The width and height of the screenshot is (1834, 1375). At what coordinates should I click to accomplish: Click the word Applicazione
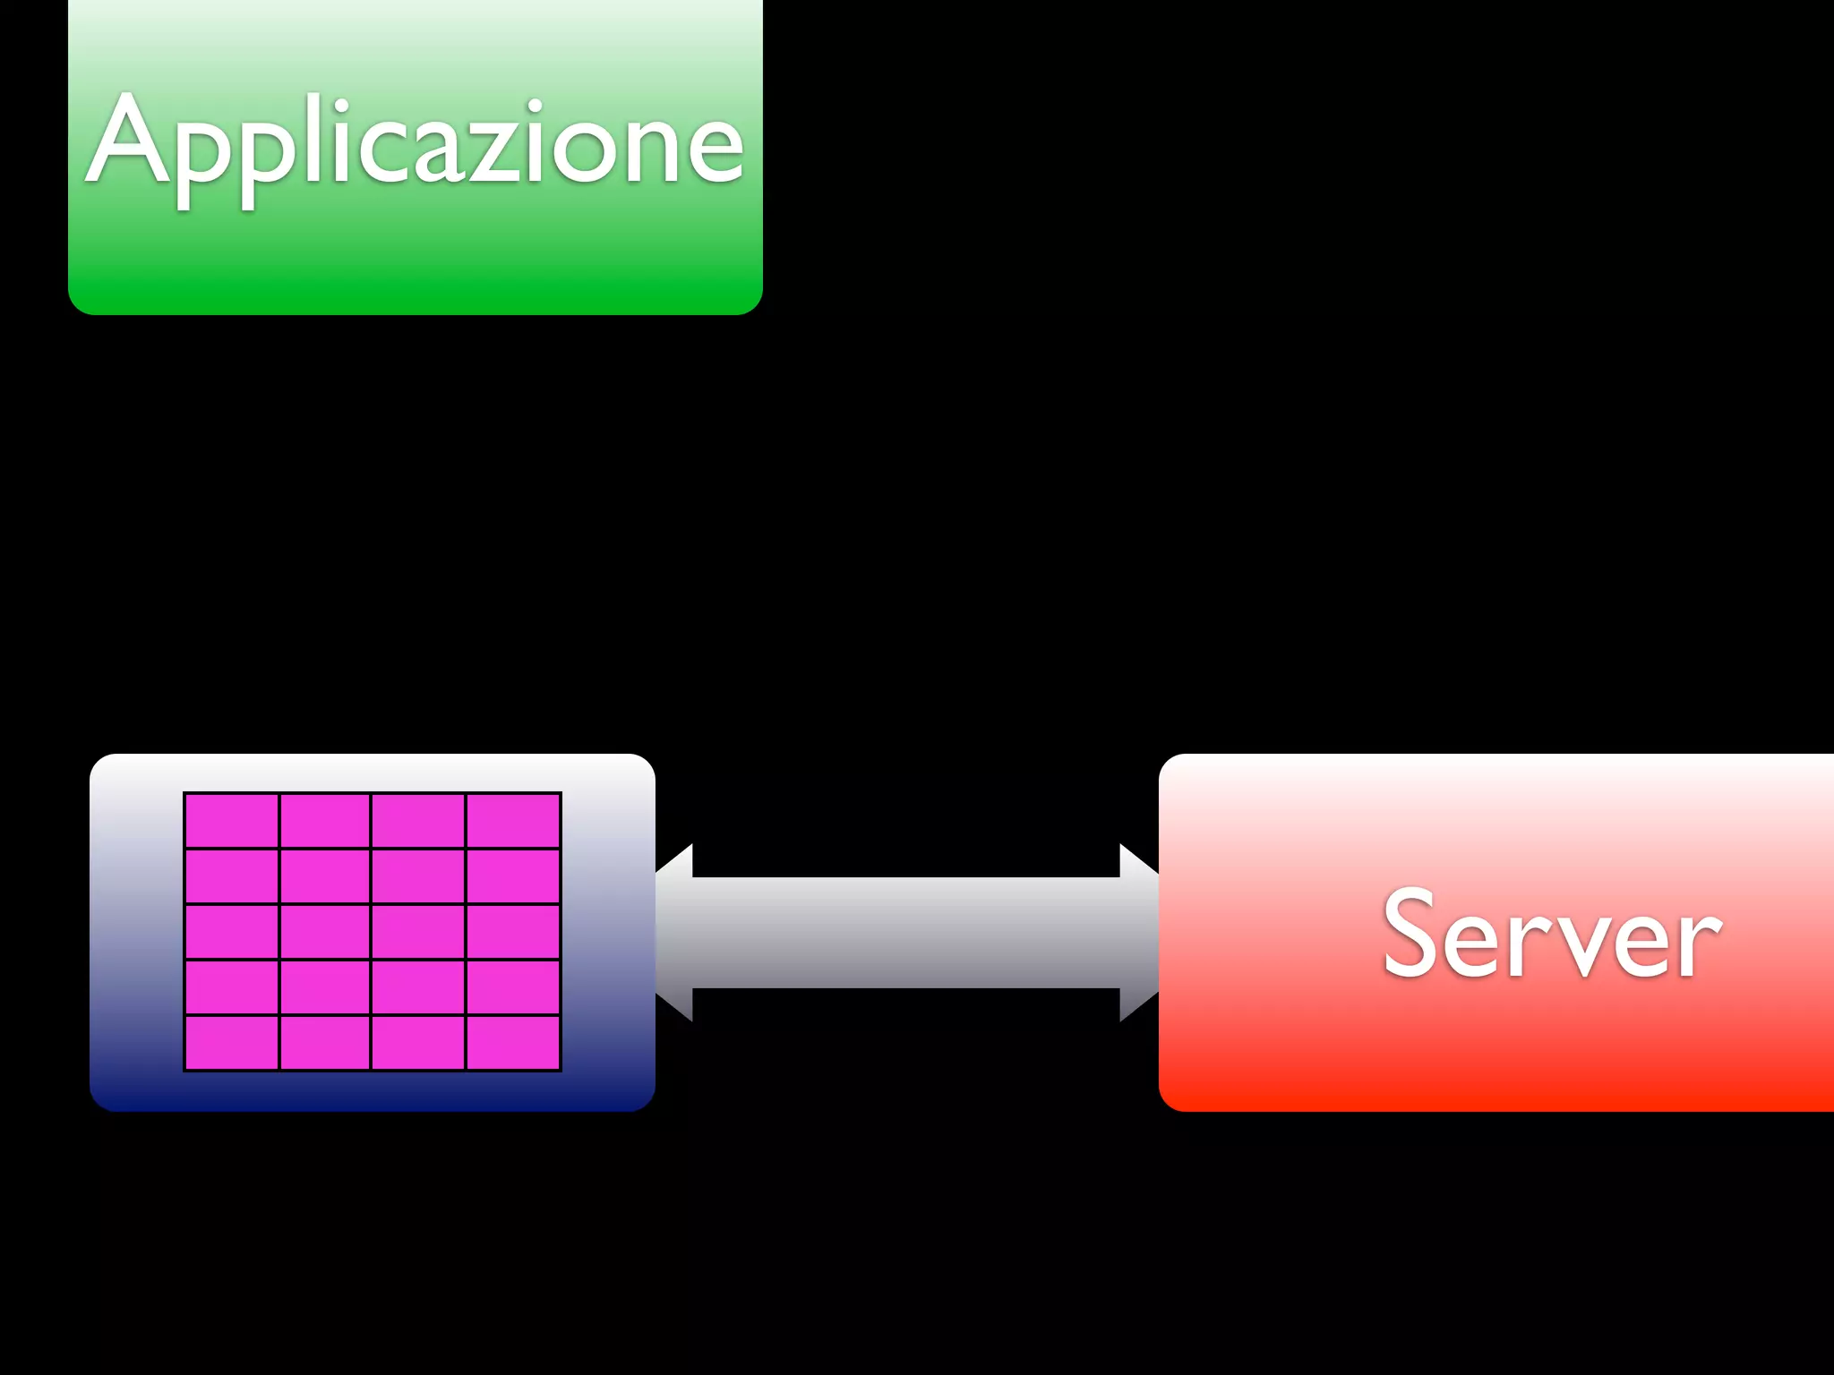(415, 143)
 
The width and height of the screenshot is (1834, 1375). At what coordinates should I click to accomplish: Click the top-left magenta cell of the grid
(232, 821)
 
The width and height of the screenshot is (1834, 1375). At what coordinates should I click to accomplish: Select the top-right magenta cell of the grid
(513, 821)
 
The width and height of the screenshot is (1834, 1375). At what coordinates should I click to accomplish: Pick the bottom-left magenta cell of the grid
(232, 1043)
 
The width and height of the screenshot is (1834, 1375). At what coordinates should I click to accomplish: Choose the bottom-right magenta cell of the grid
(513, 1043)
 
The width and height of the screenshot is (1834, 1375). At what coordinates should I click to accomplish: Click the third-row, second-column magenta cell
(325, 932)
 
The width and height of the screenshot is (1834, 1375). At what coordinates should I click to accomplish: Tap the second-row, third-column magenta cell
(418, 876)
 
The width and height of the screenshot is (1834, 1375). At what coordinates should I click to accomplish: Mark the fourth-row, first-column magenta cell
(232, 987)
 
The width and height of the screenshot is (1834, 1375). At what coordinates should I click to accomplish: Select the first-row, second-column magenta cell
(325, 821)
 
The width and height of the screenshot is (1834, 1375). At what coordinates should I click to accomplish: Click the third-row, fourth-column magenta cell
(513, 932)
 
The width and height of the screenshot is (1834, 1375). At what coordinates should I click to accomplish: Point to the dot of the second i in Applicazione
(535, 106)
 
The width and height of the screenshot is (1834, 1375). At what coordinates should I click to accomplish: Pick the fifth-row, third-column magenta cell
(418, 1043)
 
